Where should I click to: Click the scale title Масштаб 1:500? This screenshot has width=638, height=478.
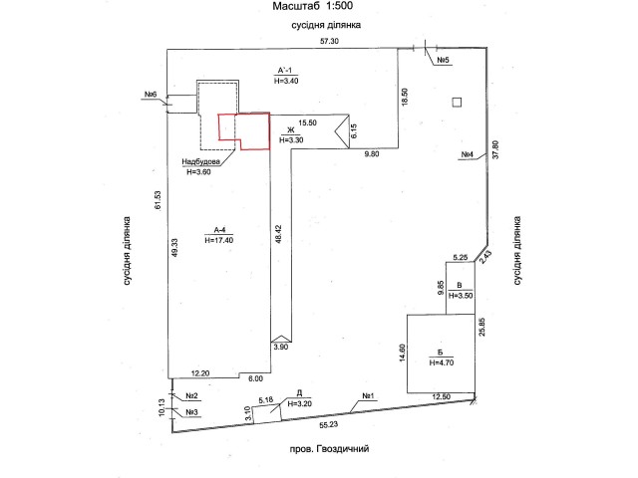coord(312,6)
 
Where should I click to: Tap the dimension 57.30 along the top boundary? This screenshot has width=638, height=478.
coord(329,41)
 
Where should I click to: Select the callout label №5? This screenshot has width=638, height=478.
coord(443,60)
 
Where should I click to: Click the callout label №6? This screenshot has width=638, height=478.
coord(151,95)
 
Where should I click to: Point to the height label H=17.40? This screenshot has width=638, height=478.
coord(219,240)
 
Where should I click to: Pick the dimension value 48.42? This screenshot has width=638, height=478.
coord(278,234)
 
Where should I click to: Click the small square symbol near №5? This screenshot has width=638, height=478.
coord(457,102)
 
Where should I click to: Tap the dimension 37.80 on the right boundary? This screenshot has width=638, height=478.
coord(495,149)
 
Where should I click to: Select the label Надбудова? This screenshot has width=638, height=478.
coord(201,161)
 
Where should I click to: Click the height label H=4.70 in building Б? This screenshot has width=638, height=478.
coord(442,362)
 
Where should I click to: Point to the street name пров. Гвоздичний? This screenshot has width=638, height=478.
coord(329,449)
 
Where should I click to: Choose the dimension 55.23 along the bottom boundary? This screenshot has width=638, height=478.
coord(329,425)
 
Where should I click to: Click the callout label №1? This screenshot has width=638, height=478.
coord(368,396)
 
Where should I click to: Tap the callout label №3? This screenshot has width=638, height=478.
coord(191,412)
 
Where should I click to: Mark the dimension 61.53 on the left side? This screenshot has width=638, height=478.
coord(158,200)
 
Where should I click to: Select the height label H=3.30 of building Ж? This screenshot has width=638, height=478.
coord(291,140)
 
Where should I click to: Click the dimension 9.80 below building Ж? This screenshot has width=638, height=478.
coord(372,154)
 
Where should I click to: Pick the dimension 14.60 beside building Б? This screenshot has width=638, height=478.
coord(403,353)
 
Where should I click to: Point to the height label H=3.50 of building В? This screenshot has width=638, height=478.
coord(461,296)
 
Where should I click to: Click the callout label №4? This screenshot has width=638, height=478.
coord(468,155)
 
